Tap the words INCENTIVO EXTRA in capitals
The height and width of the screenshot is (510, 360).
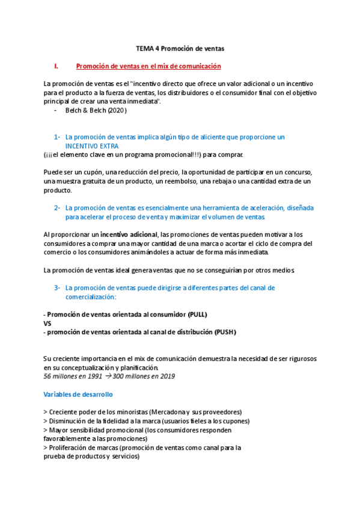coord(92,146)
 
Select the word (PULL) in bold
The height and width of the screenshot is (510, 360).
coord(197,315)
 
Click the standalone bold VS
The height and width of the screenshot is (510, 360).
coord(48,324)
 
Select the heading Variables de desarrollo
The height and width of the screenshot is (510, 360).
coord(78,395)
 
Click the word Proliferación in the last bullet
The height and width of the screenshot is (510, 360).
coord(69,447)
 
